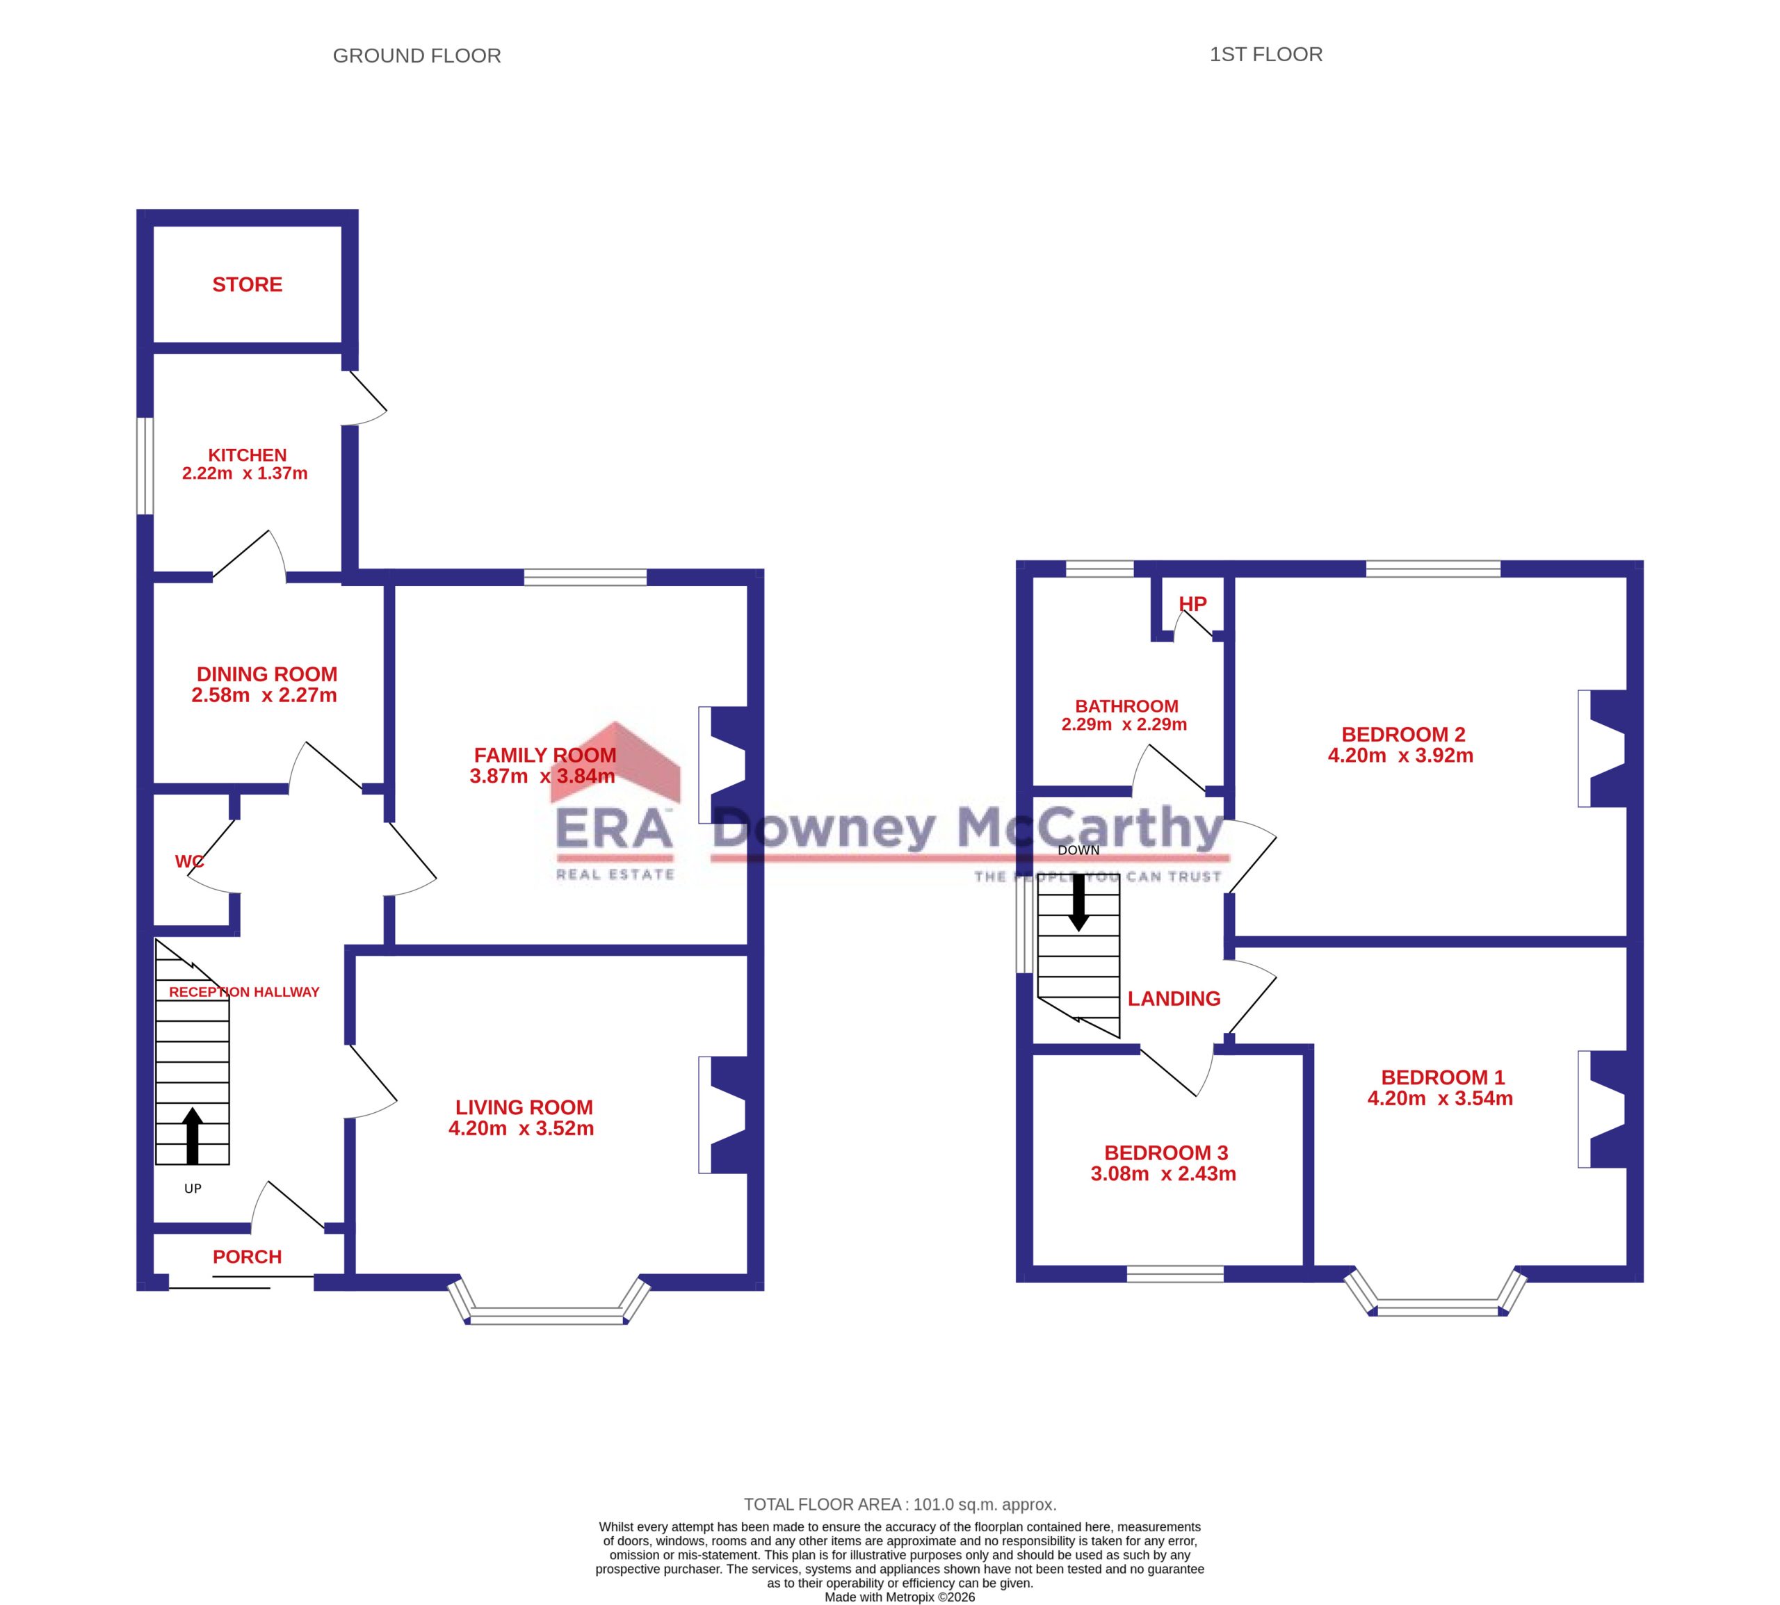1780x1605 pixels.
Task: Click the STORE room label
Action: coord(247,284)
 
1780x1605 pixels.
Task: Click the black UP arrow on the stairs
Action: coord(193,1136)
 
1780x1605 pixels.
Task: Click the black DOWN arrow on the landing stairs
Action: coord(1078,902)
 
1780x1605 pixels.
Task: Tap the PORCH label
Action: coord(247,1257)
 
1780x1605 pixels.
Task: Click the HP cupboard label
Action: coord(1192,604)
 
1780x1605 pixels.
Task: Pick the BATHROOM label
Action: coord(1126,706)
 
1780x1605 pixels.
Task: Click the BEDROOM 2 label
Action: coord(1403,734)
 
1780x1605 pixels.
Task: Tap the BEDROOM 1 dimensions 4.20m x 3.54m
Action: coord(1441,1098)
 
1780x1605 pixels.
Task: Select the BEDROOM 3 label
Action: coord(1166,1152)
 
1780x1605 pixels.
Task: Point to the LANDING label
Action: coord(1174,998)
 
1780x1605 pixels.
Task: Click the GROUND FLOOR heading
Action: coord(416,56)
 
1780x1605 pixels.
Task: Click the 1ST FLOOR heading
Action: coord(1265,55)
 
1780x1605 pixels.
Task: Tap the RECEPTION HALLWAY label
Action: coord(243,992)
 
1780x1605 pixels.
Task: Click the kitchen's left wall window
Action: coord(145,466)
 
